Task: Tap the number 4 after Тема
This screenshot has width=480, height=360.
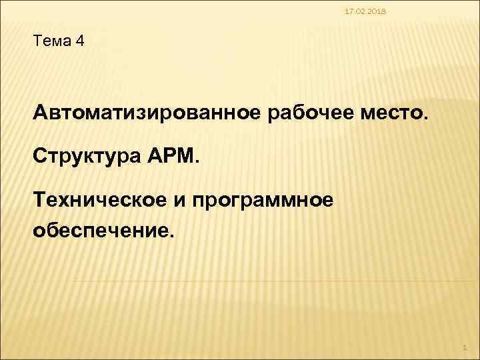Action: coord(80,41)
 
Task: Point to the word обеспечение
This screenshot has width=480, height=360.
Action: coord(102,233)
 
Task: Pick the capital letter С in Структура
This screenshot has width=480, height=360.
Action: coord(39,159)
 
